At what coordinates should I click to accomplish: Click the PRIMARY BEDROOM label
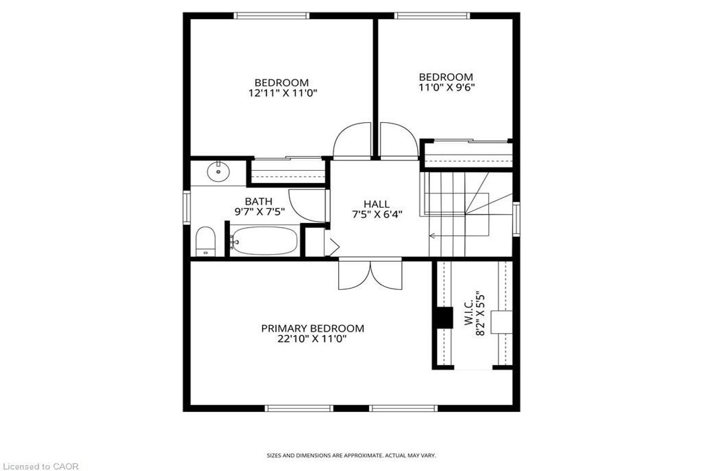coord(312,328)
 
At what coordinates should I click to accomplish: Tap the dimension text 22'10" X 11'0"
coord(312,339)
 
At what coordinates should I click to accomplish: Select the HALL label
coord(376,204)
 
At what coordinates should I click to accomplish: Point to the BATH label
coord(259,202)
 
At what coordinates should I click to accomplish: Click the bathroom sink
coord(218,171)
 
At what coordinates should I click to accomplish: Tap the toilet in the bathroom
coord(205,241)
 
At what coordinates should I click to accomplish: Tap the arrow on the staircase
coord(432,236)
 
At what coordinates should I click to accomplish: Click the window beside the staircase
coord(516,219)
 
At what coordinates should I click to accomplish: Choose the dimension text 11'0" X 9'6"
coord(446,88)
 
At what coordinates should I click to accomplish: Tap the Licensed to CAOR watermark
coord(39,466)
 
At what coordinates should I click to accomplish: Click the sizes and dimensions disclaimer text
coord(351,455)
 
